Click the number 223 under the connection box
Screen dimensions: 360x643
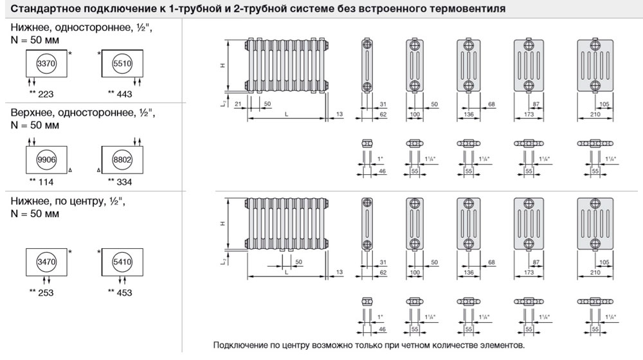pyautogui.click(x=45, y=94)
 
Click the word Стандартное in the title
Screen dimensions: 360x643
pyautogui.click(x=39, y=9)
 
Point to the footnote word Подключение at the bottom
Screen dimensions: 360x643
pyautogui.click(x=240, y=345)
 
